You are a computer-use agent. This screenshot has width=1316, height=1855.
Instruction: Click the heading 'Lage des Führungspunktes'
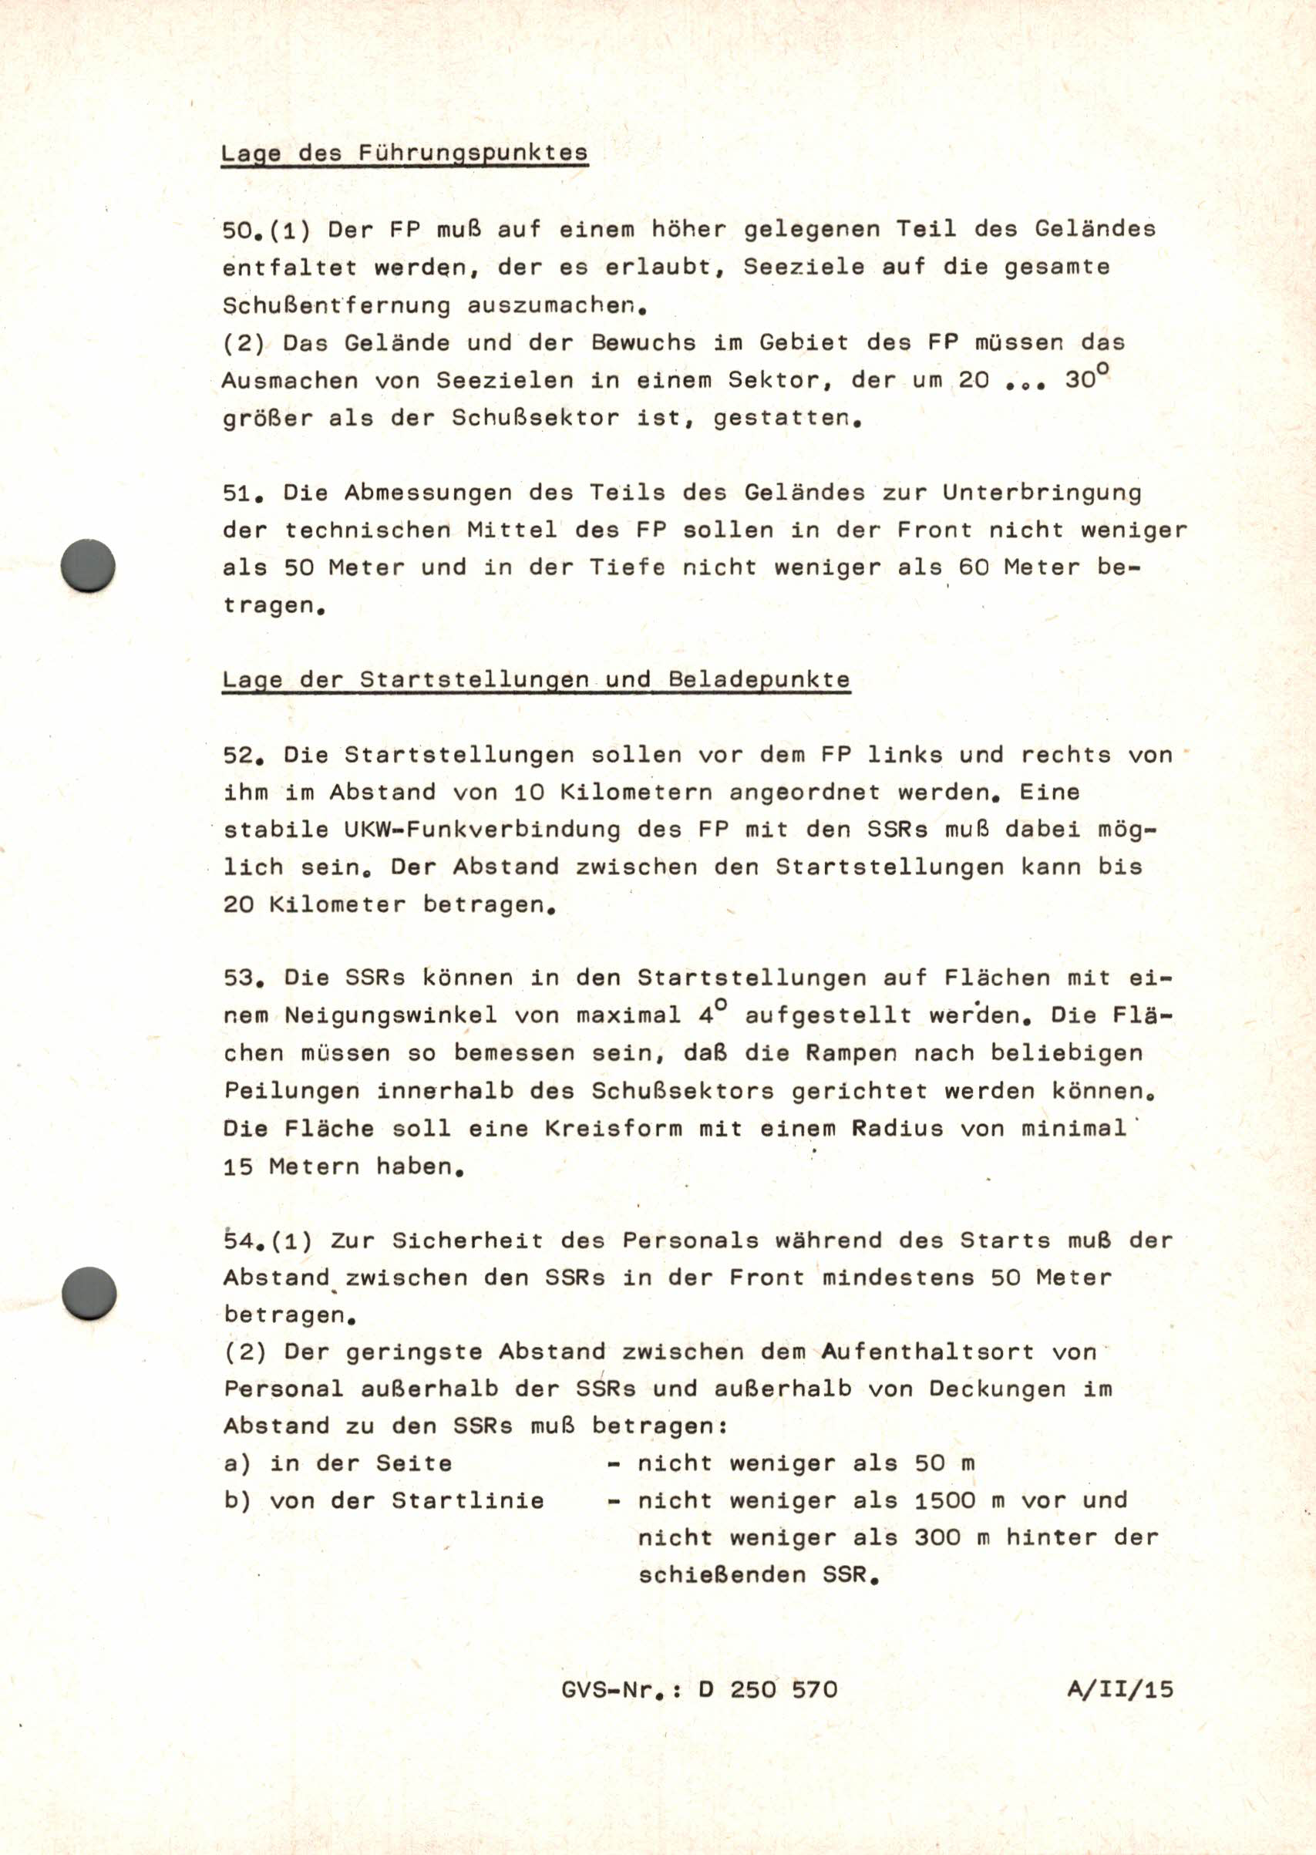[x=403, y=153]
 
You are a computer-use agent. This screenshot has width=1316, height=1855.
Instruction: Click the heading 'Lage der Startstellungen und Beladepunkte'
[x=536, y=679]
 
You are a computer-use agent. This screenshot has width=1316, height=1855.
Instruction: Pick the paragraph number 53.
[x=239, y=978]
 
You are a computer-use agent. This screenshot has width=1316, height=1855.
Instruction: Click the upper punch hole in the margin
[x=89, y=565]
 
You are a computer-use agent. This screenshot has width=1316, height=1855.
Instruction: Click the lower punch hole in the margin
[x=89, y=1294]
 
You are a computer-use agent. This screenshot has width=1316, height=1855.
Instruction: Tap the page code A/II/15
[x=1120, y=1690]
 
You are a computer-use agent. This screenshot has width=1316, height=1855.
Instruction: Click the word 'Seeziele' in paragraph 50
[x=804, y=267]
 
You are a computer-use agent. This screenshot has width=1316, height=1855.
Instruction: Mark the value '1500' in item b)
[x=945, y=1500]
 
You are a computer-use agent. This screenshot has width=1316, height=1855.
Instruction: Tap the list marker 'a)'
[x=237, y=1463]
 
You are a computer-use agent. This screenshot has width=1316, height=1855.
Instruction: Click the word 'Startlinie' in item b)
[x=467, y=1500]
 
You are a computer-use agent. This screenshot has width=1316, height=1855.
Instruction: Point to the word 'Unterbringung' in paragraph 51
[x=1042, y=493]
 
